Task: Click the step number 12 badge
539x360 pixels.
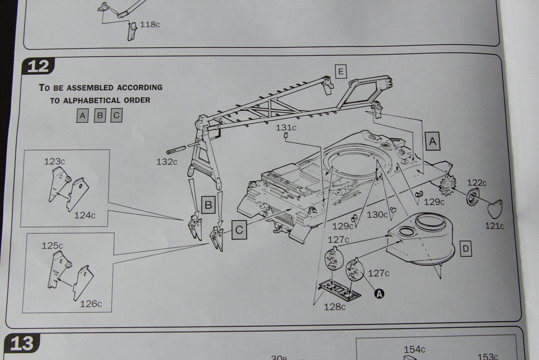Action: [38, 66]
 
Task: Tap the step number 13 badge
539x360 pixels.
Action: [21, 343]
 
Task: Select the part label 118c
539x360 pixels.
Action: [150, 24]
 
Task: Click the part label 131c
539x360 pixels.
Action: [286, 127]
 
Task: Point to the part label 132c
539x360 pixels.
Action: [167, 161]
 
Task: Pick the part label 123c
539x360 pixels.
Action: [54, 161]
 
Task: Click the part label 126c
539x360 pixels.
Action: [91, 304]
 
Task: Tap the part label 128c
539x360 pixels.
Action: [334, 306]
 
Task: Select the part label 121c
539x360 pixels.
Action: [494, 226]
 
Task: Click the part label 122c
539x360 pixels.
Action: [477, 183]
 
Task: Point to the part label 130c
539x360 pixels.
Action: [377, 214]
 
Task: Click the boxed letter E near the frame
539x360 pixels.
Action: [340, 72]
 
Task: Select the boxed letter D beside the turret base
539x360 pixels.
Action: [465, 249]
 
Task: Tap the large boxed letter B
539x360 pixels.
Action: [208, 205]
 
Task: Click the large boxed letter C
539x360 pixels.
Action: [239, 229]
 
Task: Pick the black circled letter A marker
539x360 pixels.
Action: [379, 293]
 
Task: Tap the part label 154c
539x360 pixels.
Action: [414, 349]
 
